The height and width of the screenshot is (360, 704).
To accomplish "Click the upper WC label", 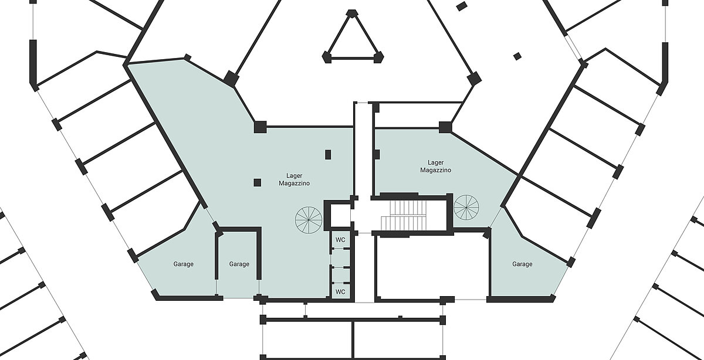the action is pos(340,240).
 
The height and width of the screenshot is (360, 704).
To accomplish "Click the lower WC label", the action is pos(340,292).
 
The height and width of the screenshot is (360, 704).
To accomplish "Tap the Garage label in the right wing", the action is pos(522,264).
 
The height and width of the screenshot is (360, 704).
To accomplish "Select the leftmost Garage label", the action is pos(184,264).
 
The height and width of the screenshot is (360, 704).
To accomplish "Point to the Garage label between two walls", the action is pos(239,264).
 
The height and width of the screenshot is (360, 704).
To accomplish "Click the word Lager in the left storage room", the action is pos(294,175).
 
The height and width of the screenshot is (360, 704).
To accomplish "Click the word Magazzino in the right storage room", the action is pos(435,170).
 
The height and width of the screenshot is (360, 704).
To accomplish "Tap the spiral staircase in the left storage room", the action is pos(309,220).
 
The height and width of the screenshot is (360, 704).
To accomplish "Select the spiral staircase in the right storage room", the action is pos(466,208).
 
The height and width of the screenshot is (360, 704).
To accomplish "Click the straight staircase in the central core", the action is pos(404,215).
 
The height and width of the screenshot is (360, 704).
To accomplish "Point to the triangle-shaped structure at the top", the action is pos(353,38).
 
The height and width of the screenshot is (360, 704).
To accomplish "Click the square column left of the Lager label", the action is pos(258,182).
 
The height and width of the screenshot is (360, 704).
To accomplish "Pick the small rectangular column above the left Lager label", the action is pos(328,155).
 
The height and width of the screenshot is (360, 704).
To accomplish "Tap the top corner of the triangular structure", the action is pos(351,12).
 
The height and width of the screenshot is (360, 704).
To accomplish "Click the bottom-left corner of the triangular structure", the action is pos(327,58).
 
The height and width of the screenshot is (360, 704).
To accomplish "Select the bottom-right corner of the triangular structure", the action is pos(378,58).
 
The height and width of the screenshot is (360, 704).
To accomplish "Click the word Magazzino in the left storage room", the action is pos(294,183).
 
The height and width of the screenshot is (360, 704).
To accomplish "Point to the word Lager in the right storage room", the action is pos(435,163).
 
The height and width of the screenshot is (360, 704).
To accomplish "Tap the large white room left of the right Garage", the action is pos(432,267).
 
